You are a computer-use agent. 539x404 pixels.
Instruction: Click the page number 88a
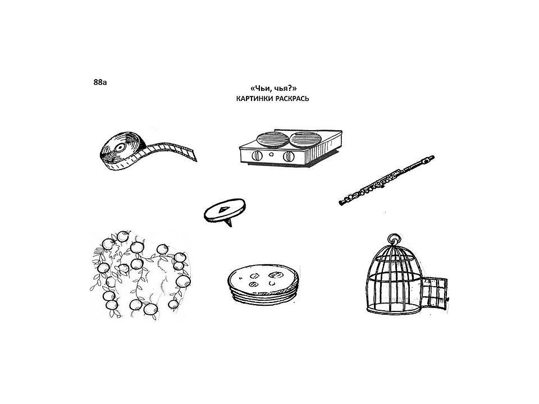(100, 82)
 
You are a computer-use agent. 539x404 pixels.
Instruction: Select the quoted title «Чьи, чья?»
(273, 89)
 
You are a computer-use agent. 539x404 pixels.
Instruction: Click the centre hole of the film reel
(120, 148)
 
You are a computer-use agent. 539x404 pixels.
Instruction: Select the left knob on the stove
(257, 156)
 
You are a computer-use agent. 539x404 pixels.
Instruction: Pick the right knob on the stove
(289, 157)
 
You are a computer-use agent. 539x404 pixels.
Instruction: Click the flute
(387, 181)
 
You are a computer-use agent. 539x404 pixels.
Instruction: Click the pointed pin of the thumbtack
(229, 222)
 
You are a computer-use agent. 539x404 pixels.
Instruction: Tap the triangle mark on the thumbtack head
(224, 209)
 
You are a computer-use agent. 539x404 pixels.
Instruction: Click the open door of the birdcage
(434, 293)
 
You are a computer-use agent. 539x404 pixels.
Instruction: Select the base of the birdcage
(394, 310)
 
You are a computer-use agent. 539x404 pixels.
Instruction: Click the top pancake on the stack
(263, 279)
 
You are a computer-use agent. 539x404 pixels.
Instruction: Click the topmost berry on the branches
(123, 236)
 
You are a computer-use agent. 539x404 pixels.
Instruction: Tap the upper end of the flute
(431, 158)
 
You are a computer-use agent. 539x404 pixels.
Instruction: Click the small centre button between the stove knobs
(272, 154)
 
